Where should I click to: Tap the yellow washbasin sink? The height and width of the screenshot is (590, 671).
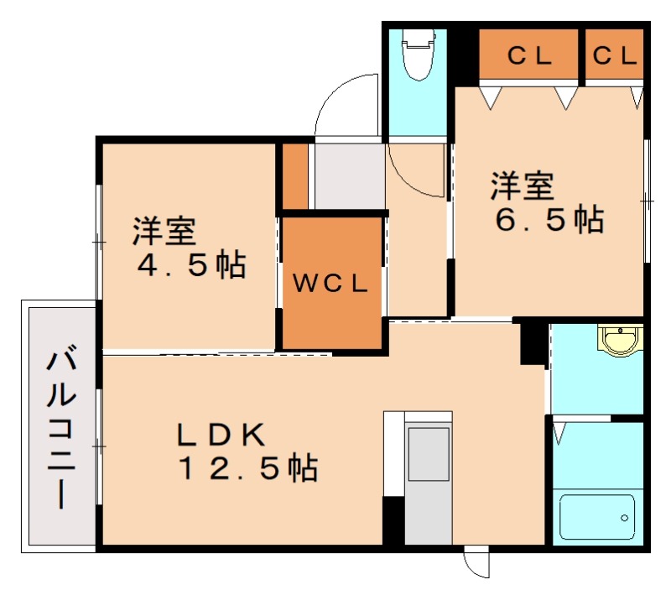[620, 341]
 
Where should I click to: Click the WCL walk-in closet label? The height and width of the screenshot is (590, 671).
[330, 284]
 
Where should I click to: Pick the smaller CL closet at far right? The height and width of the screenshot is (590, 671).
[615, 56]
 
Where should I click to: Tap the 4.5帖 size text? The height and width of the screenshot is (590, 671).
[191, 265]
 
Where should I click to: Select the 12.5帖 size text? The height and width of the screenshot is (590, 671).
[247, 467]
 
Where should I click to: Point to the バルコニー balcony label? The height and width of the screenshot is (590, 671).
[59, 428]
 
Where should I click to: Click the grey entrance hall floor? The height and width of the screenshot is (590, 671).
[347, 176]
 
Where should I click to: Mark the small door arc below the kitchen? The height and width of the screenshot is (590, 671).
[476, 563]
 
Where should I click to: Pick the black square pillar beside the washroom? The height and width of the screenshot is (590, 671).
[532, 343]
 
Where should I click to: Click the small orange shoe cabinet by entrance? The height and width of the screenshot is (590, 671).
[294, 177]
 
